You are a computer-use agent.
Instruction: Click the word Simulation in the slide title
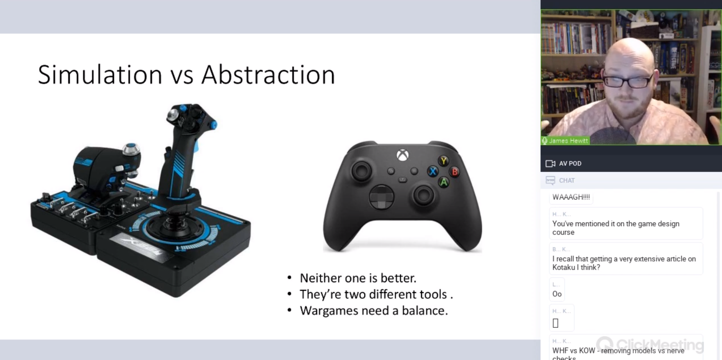pyautogui.click(x=100, y=74)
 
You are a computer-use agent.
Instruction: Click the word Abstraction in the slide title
pyautogui.click(x=268, y=74)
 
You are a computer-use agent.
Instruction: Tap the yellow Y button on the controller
pyautogui.click(x=443, y=161)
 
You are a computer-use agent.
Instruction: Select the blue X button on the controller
pyautogui.click(x=432, y=172)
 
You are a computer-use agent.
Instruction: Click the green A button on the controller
pyautogui.click(x=443, y=182)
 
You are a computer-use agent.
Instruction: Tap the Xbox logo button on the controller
pyautogui.click(x=403, y=155)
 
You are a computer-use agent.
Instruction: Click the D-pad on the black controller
pyautogui.click(x=381, y=197)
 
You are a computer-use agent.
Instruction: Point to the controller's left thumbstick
pyautogui.click(x=361, y=171)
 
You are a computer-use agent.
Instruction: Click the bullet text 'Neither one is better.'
pyautogui.click(x=358, y=278)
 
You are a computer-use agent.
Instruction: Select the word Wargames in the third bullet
pyautogui.click(x=328, y=311)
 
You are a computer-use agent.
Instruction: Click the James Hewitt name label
pyautogui.click(x=568, y=141)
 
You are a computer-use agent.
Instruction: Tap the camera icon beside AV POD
pyautogui.click(x=550, y=164)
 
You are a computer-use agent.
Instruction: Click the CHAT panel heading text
pyautogui.click(x=567, y=181)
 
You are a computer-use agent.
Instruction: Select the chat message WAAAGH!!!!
pyautogui.click(x=571, y=197)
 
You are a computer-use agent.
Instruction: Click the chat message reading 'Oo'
pyautogui.click(x=557, y=294)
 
